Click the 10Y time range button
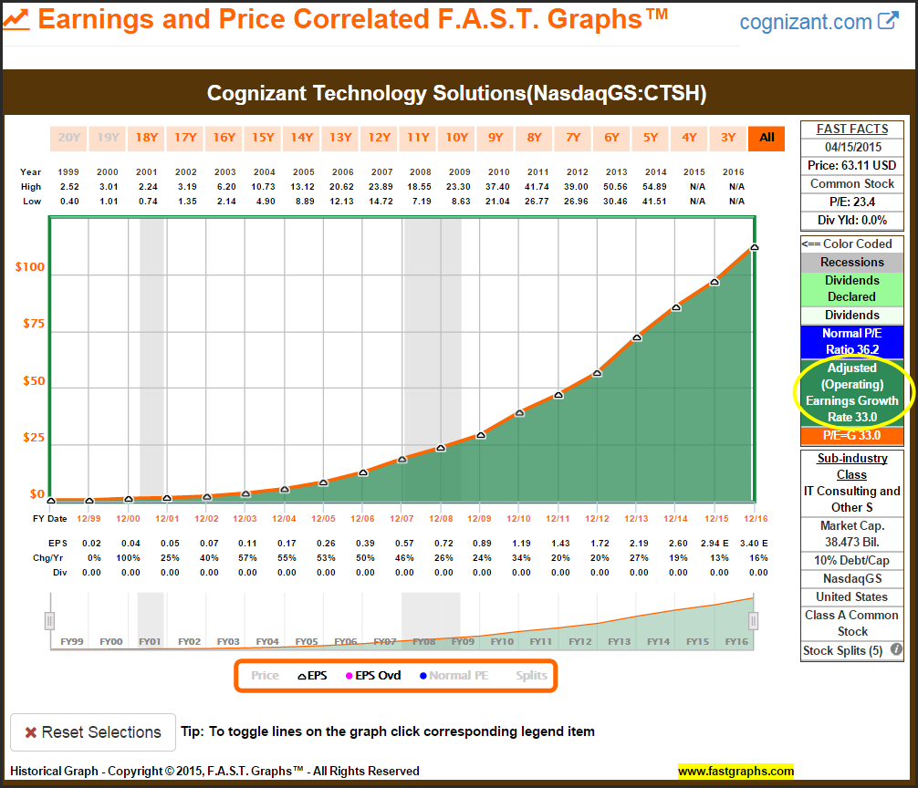click(x=456, y=138)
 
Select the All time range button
click(x=767, y=138)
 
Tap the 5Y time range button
click(x=651, y=138)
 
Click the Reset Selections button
click(x=92, y=732)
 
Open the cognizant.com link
click(x=819, y=22)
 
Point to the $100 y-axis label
click(x=30, y=267)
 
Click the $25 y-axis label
click(x=33, y=439)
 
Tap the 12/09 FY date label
click(x=479, y=519)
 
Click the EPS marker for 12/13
click(x=637, y=337)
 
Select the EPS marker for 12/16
click(x=755, y=247)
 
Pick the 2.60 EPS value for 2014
click(x=678, y=544)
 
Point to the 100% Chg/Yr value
click(x=130, y=558)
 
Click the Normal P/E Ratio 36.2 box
click(x=851, y=342)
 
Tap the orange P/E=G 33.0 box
click(x=851, y=436)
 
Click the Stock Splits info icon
click(x=896, y=650)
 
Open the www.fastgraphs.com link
click(x=735, y=772)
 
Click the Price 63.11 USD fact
click(x=851, y=165)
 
